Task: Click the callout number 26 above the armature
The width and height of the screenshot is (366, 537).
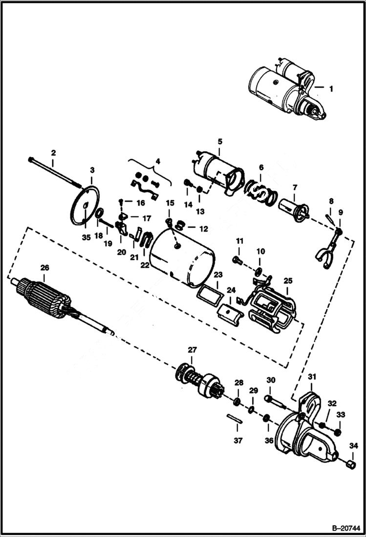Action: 44,268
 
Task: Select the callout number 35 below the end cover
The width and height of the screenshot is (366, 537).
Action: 86,238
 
